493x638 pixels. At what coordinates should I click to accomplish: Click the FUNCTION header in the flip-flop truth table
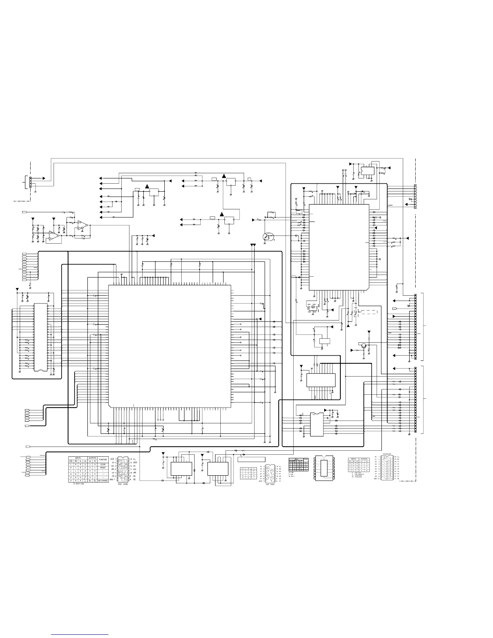click(103, 459)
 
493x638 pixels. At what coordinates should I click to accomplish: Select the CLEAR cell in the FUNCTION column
click(103, 464)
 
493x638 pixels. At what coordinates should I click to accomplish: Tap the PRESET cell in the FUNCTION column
click(103, 468)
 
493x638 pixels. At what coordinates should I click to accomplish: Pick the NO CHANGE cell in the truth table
click(103, 481)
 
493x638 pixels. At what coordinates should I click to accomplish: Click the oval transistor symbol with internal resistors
click(267, 237)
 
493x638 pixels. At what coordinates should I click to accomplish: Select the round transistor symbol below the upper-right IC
click(364, 346)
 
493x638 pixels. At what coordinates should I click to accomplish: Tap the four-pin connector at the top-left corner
click(29, 182)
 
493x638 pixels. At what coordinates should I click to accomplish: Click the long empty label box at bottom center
click(252, 459)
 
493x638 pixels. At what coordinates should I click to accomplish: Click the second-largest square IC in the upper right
click(339, 246)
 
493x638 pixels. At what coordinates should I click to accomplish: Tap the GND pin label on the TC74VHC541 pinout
click(376, 479)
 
